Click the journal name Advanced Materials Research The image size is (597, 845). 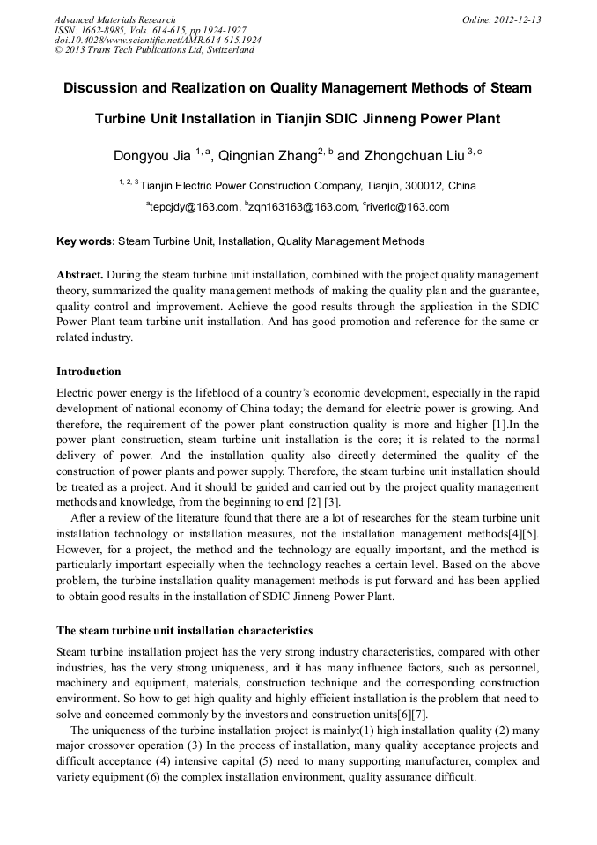(114, 19)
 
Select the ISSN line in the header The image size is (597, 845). (150, 30)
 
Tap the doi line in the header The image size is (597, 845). (158, 40)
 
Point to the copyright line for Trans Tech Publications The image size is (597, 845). (154, 49)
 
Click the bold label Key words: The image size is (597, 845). (85, 241)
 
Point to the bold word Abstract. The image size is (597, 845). (79, 274)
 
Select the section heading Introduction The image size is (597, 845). (88, 371)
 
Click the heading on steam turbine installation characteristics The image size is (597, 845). (184, 631)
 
